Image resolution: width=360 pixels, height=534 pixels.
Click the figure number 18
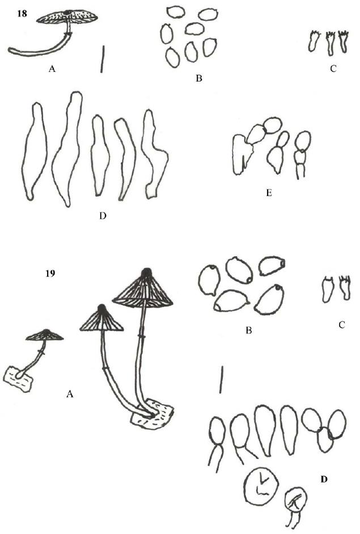click(x=22, y=15)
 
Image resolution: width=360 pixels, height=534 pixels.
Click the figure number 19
click(x=50, y=273)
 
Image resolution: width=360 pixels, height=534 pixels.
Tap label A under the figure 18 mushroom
click(x=52, y=69)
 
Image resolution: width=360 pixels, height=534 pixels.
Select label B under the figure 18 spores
click(x=199, y=78)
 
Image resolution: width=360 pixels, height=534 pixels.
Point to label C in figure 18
click(x=333, y=69)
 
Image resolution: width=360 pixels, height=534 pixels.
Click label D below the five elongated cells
click(x=103, y=215)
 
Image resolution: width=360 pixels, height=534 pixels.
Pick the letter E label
click(x=269, y=193)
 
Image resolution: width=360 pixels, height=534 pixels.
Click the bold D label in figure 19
click(x=324, y=480)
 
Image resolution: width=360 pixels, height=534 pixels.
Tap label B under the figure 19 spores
click(x=249, y=330)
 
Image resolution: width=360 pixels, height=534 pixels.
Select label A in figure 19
click(x=70, y=394)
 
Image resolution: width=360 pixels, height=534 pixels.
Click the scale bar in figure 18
click(x=102, y=60)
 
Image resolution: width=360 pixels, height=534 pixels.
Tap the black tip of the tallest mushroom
click(x=147, y=272)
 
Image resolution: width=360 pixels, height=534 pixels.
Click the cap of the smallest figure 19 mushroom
click(x=45, y=335)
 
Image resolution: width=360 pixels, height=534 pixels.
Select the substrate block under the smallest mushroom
click(x=19, y=379)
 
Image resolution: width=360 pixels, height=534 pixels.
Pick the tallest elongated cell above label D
click(x=67, y=149)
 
